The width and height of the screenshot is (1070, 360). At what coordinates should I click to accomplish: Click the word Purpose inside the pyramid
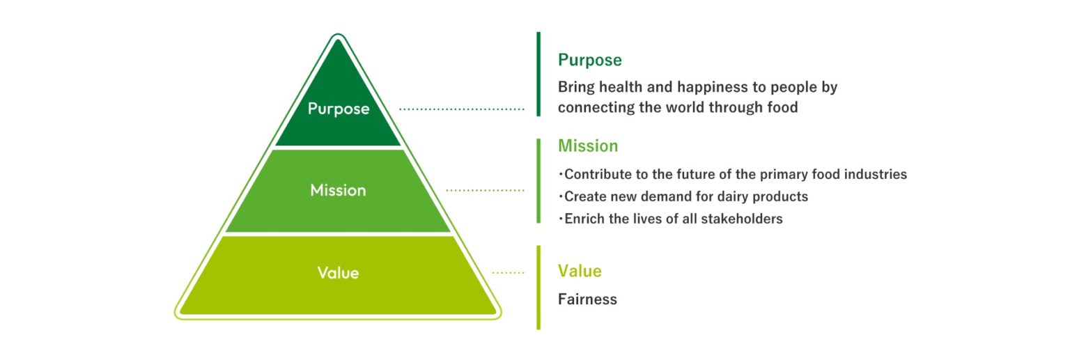[x=338, y=109]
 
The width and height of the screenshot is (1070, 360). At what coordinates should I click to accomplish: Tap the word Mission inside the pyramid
[x=338, y=191]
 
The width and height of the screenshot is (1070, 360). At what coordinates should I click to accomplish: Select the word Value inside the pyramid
[x=338, y=273]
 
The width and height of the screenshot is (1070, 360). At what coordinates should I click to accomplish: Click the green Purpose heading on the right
[x=590, y=61]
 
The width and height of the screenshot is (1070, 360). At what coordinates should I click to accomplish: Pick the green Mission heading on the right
[x=588, y=146]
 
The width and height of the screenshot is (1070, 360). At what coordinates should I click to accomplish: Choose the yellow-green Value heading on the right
[x=580, y=271]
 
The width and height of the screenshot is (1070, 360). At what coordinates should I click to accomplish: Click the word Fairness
[x=587, y=299]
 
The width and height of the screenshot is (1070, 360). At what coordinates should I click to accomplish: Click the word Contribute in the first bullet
[x=598, y=174]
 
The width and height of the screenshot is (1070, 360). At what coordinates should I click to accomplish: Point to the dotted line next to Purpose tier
[x=461, y=109]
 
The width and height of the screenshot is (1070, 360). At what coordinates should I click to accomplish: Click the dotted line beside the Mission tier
[x=485, y=191]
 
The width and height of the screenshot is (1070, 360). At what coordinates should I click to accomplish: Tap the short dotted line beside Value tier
[x=509, y=273]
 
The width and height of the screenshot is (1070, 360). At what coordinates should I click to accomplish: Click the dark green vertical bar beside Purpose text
[x=538, y=74]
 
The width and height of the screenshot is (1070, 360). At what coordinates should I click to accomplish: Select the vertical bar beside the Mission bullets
[x=538, y=181]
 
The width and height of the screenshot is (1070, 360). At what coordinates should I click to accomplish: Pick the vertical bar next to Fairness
[x=538, y=288]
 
